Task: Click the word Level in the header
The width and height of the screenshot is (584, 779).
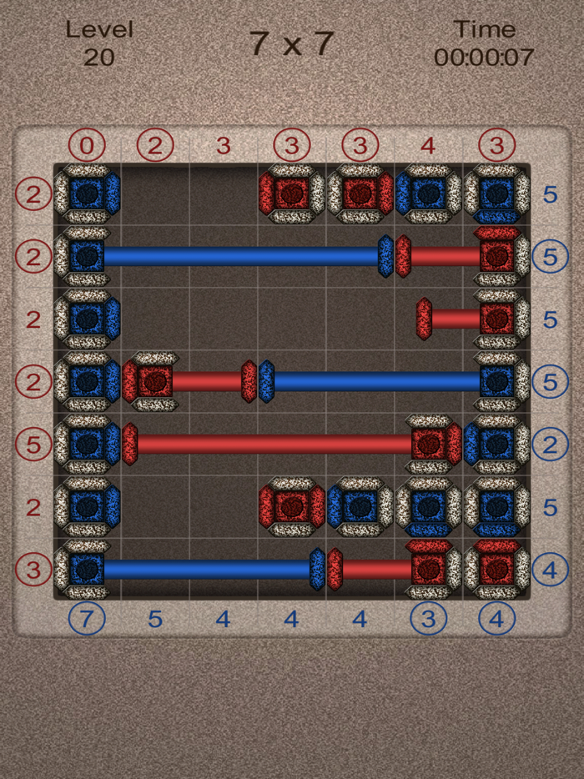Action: tap(99, 30)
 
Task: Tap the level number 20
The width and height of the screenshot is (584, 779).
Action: tap(99, 58)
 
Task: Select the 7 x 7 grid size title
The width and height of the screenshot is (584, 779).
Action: tap(291, 44)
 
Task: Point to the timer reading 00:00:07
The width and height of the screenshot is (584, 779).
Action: tap(483, 58)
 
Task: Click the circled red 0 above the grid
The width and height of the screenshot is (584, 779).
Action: tap(87, 146)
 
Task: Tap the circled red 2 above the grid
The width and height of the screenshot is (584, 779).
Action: tap(155, 146)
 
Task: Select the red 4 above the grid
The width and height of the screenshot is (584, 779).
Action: tap(428, 146)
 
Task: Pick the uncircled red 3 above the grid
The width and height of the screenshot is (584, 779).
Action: tap(224, 146)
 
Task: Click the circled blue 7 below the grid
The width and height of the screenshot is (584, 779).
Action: tap(87, 619)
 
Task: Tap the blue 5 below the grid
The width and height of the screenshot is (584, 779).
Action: tap(155, 619)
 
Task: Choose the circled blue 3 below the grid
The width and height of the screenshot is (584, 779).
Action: tap(428, 619)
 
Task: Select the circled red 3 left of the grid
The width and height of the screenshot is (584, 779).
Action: tap(33, 570)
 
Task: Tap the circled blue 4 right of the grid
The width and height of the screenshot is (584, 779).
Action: tap(550, 570)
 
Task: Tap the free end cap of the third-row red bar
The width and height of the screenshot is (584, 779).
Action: tap(424, 319)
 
